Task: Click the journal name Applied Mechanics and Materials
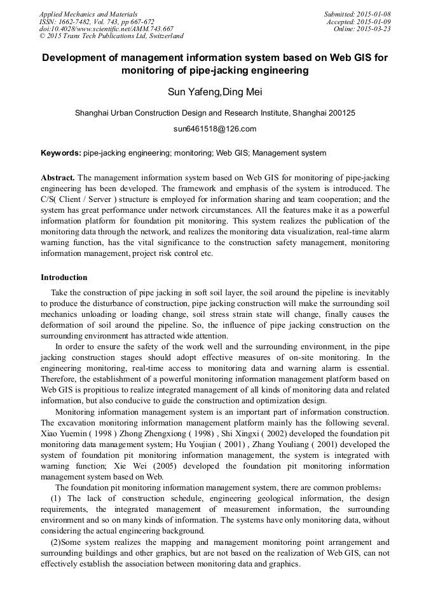pyautogui.click(x=88, y=14)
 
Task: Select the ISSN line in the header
pyautogui.click(x=97, y=22)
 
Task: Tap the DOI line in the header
pyautogui.click(x=106, y=29)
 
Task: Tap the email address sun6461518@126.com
pyautogui.click(x=215, y=129)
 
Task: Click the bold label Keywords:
pyautogui.click(x=61, y=153)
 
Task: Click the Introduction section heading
pyautogui.click(x=64, y=278)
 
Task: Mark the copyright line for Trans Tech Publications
pyautogui.click(x=111, y=37)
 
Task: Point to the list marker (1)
pyautogui.click(x=56, y=499)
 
